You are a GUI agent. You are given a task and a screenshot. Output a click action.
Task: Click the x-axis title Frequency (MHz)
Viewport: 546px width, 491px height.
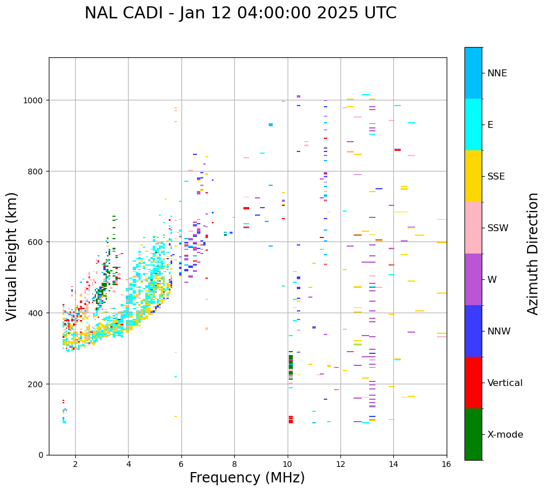pos(247,478)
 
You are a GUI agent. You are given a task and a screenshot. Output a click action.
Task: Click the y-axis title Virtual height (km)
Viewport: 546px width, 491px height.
pos(13,256)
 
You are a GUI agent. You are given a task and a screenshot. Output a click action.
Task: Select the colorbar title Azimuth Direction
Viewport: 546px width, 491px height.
pos(533,254)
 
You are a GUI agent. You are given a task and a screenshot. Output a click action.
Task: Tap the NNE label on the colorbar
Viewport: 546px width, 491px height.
pos(497,73)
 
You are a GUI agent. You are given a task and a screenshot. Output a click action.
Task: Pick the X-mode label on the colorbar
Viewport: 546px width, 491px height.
pos(505,434)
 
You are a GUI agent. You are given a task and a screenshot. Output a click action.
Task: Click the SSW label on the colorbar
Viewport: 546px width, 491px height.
pos(498,228)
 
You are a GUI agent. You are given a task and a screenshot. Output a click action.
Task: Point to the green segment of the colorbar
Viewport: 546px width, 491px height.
pos(473,434)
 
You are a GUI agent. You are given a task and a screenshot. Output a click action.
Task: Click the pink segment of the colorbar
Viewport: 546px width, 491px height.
pos(473,228)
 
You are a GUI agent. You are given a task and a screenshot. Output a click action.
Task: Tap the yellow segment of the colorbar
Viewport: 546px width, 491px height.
pos(473,176)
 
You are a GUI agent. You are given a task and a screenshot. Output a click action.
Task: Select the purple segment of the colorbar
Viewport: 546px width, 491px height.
pos(473,279)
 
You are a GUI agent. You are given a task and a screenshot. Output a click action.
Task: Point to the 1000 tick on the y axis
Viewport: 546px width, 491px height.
pos(35,100)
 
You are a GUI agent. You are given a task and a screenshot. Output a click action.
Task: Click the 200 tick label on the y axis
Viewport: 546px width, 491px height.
pos(37,384)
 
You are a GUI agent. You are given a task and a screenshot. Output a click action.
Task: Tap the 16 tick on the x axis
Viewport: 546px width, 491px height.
pos(446,464)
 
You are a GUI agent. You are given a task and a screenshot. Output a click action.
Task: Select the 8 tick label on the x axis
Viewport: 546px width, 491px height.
pos(234,464)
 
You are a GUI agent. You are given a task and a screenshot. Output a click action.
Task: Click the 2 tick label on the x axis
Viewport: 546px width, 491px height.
pos(75,464)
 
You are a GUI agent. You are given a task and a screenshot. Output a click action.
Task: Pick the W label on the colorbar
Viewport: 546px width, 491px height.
pos(493,279)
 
